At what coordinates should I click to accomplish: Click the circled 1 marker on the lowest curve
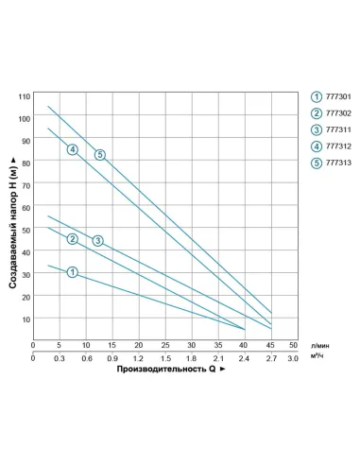click(x=72, y=272)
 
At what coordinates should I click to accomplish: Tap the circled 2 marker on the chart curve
click(x=72, y=238)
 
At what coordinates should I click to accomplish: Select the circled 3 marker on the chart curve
click(x=97, y=241)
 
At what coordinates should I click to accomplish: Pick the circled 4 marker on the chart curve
click(x=72, y=149)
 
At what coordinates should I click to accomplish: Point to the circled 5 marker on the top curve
click(x=99, y=154)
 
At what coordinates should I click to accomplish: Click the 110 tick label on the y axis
click(x=24, y=96)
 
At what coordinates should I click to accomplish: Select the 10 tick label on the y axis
click(x=26, y=319)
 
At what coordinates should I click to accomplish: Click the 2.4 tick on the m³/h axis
click(x=245, y=359)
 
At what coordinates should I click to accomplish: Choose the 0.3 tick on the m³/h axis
click(x=60, y=359)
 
